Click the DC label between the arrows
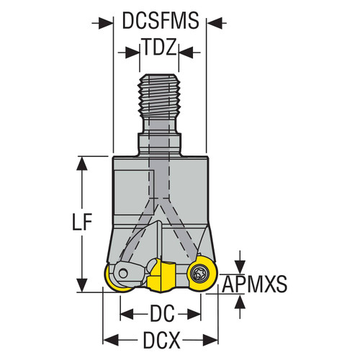pos(159,314)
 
